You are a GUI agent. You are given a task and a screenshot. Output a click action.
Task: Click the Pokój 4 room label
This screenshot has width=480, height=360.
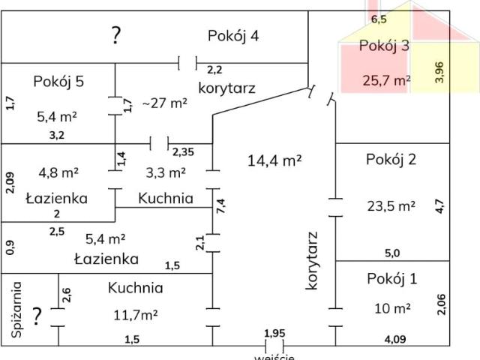pos(233,36)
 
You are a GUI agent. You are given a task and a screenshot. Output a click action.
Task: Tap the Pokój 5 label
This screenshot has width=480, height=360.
pos(58,82)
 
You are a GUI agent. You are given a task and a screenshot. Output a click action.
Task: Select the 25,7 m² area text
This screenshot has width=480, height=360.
pos(387,80)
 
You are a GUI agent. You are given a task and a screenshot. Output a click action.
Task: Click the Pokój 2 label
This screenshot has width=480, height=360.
pos(391,160)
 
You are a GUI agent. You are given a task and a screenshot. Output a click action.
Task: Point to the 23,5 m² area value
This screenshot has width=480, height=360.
pos(391,206)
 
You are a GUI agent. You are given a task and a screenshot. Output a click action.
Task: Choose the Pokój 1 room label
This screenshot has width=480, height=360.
pos(391,279)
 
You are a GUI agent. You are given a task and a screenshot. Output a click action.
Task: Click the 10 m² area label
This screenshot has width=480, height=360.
pos(392,308)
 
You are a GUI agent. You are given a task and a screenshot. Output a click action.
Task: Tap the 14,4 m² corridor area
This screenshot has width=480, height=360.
pos(274,160)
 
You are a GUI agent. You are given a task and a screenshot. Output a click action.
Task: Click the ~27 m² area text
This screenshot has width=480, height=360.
pos(165,103)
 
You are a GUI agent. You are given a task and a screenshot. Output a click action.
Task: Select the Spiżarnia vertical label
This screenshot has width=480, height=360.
pos(16,310)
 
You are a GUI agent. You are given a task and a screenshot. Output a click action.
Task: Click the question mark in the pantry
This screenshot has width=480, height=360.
pos(37,316)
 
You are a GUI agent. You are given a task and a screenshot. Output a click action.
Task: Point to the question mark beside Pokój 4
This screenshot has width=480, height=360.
pos(115,35)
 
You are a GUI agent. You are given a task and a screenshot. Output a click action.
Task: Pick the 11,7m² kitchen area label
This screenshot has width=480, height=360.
pos(136,315)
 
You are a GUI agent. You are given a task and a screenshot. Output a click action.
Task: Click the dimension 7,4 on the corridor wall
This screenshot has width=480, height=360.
pos(221,206)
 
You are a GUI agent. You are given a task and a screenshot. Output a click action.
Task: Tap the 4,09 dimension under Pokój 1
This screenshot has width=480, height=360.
pos(395,339)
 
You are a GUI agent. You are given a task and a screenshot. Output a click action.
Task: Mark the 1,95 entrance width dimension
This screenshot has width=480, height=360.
pos(274,333)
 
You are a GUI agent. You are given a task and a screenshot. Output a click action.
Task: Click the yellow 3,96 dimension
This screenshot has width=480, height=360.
pos(439,73)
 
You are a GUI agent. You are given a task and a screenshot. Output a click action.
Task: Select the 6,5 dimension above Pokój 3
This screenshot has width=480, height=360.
pos(379,19)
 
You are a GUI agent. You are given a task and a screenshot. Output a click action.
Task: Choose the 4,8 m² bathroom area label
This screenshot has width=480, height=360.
pos(58,172)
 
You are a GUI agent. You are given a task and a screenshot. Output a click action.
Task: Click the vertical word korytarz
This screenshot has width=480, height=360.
pos(312,261)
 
